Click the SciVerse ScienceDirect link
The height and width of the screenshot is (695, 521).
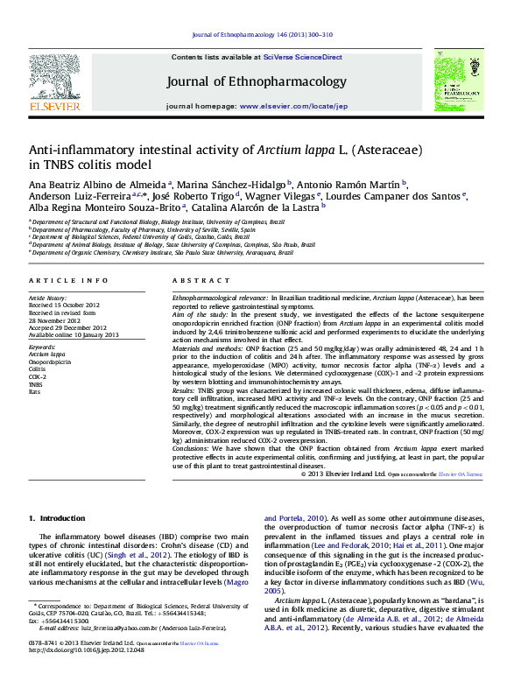[303, 56]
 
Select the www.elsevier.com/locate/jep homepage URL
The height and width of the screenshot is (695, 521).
[293, 106]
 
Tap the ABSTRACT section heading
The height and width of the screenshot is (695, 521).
[188, 280]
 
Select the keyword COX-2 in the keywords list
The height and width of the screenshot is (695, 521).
[39, 376]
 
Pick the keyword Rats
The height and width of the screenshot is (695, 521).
[35, 391]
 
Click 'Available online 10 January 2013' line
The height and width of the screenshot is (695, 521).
[70, 335]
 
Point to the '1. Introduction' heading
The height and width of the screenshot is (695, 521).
[57, 519]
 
